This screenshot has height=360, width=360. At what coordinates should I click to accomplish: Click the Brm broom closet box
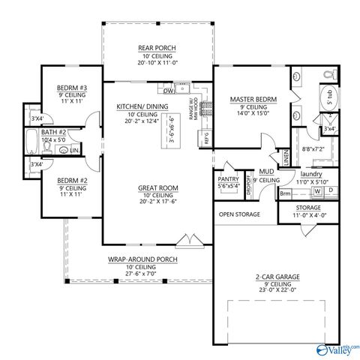point(285,193)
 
